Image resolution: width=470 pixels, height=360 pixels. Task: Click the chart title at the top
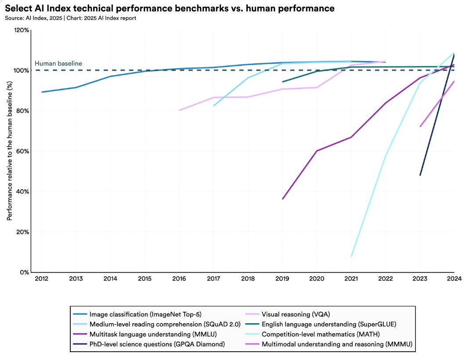170,8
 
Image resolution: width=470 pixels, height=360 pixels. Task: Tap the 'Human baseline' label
58,64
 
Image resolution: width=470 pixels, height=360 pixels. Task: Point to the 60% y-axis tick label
23,151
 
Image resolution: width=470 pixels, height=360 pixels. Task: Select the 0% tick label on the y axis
25,272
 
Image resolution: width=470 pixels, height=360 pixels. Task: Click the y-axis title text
9,151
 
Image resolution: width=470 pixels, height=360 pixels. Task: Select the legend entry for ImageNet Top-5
145,314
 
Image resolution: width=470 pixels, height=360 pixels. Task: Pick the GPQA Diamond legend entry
157,344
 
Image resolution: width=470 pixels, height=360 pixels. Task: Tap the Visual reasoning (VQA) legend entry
296,314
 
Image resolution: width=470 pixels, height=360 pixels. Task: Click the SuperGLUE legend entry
329,324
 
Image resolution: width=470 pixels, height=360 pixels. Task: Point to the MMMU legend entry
337,344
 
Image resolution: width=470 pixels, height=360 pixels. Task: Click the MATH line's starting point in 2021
351,256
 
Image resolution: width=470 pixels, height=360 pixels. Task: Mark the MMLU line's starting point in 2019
282,199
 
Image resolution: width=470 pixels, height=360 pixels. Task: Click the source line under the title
70,18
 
